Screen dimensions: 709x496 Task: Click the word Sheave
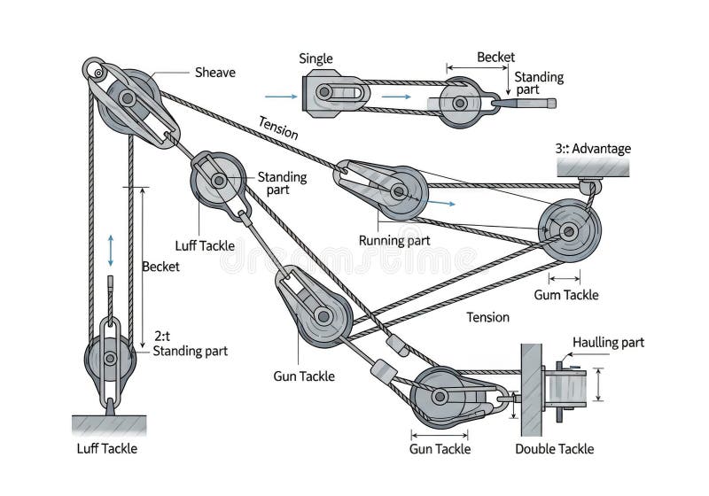214,73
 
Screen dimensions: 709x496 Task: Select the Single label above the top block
316,58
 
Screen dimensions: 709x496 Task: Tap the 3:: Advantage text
593,149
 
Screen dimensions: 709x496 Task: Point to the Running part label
394,241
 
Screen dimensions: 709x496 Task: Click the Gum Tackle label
566,295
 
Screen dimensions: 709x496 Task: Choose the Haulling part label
608,343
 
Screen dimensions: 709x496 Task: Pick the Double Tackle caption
555,449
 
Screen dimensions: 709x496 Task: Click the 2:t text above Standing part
162,336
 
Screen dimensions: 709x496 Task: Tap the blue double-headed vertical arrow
111,251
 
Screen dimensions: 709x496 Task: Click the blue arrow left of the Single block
281,97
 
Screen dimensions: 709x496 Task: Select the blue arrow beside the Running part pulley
441,203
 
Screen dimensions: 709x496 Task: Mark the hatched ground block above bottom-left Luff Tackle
109,425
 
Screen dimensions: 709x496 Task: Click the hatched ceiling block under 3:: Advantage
593,167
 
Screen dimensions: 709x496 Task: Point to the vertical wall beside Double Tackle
531,390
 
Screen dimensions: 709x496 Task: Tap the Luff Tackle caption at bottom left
106,448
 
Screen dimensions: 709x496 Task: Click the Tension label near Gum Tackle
488,317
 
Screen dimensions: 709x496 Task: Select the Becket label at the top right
495,58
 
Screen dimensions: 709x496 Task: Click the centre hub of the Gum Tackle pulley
569,232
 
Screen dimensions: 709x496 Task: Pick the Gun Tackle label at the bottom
440,449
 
